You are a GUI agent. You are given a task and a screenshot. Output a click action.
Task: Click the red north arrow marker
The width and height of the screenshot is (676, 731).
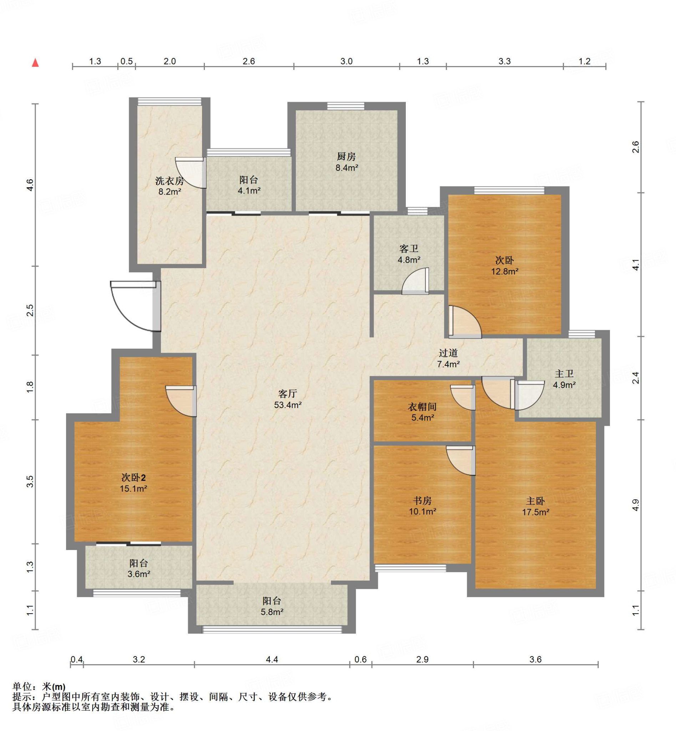pos(35,62)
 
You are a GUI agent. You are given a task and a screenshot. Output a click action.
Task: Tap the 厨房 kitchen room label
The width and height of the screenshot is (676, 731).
pos(346,157)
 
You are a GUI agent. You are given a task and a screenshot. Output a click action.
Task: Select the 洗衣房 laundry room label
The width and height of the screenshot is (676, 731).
pos(170,181)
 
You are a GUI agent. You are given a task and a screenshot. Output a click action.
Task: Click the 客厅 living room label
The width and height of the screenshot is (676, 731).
pos(288,394)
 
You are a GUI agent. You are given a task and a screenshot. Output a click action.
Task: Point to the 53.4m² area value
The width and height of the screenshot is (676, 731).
pos(288,405)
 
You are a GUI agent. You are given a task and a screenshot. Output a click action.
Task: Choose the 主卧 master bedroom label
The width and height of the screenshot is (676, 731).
pos(535,501)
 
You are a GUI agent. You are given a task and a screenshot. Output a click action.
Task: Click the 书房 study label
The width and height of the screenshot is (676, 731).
pos(422,500)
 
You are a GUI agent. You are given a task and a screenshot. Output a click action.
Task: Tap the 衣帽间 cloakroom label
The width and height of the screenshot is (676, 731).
pos(422,407)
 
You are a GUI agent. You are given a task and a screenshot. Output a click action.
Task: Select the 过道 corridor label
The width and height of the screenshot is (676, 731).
pos(448,353)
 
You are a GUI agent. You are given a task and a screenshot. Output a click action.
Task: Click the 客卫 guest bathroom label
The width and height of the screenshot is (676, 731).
pos(409,249)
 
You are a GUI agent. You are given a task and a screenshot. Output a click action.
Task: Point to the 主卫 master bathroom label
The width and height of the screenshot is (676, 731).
pos(564,374)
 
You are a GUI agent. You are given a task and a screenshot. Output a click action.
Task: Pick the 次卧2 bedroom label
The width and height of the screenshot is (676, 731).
pos(133,478)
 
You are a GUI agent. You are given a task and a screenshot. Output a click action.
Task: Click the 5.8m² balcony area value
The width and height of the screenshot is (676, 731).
pos(272,612)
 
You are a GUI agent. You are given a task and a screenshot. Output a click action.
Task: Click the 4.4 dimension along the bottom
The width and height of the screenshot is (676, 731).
pos(272,659)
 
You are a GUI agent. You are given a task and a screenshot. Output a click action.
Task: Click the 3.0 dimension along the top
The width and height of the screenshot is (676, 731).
pos(347,61)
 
